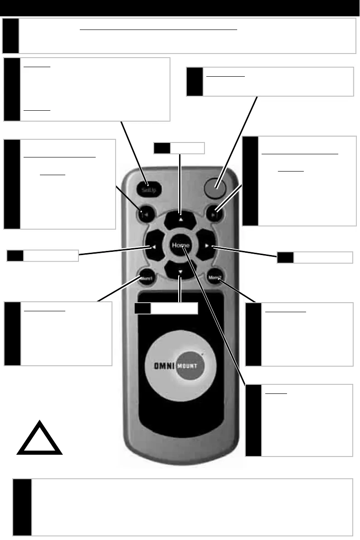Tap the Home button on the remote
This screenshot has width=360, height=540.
[180, 245]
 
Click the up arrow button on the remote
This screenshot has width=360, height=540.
[180, 219]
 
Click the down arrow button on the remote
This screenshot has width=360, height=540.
[180, 272]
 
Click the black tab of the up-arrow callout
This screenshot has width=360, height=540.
[161, 147]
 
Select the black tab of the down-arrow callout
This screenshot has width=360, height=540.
[142, 309]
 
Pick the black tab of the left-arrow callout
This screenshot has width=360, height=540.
[15, 255]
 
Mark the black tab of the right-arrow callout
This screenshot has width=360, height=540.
[285, 257]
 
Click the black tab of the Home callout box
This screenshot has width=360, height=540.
[253, 420]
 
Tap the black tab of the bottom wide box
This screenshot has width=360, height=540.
[22, 507]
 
